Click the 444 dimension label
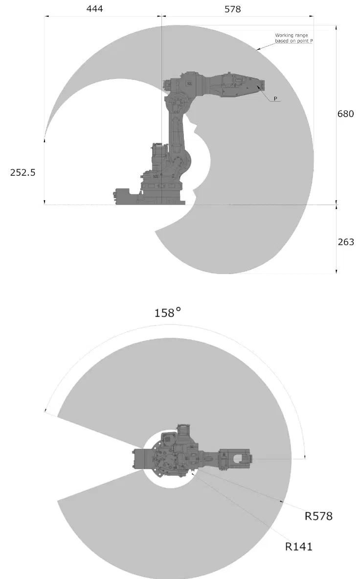(x=94, y=8)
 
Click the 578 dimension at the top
(x=232, y=9)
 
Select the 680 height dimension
(x=345, y=114)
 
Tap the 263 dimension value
(x=346, y=242)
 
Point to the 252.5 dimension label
(x=23, y=172)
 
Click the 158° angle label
(x=167, y=313)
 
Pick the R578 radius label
(x=318, y=516)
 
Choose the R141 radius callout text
(x=299, y=546)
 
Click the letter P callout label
(x=275, y=98)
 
